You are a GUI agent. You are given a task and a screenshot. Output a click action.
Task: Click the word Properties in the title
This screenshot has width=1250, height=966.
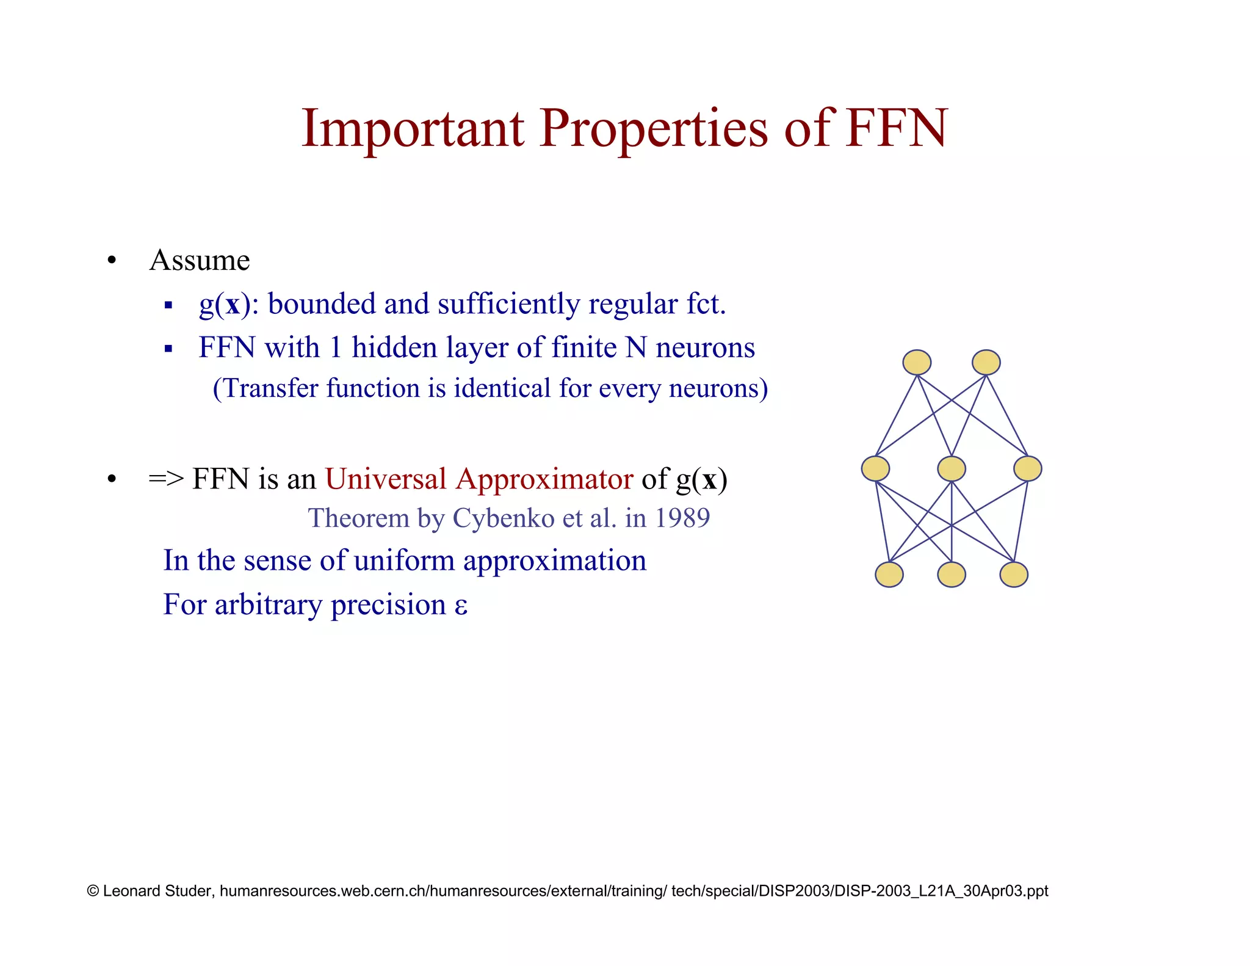click(x=654, y=129)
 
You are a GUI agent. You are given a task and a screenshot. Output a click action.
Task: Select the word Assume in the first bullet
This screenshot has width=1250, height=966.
click(x=200, y=260)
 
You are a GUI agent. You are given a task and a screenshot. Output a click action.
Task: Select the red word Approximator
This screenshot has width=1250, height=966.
click(x=544, y=479)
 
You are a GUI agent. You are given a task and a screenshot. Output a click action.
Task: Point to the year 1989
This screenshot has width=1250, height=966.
click(x=682, y=518)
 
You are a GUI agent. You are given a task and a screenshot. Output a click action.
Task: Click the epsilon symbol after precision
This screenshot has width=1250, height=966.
click(x=461, y=606)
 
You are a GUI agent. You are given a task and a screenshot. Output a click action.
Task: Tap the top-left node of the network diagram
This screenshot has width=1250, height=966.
click(x=917, y=362)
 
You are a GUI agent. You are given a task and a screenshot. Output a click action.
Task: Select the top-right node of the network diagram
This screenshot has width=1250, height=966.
click(x=986, y=362)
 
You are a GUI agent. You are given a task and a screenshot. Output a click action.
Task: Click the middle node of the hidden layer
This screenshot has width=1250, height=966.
click(x=952, y=469)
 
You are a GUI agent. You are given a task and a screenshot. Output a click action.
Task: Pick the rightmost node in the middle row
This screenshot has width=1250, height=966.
click(x=1028, y=469)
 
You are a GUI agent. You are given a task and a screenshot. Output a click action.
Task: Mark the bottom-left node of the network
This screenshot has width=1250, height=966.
click(x=889, y=575)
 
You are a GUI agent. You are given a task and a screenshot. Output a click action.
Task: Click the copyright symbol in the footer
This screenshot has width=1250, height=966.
click(x=93, y=891)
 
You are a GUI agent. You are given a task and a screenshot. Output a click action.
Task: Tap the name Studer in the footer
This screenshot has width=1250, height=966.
click(x=189, y=891)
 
